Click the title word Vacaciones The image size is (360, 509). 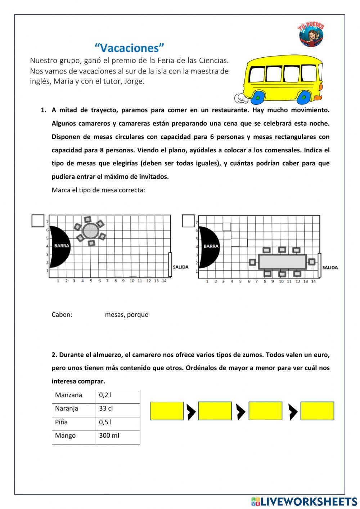coord(129,48)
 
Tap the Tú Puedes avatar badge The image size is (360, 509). coord(311,34)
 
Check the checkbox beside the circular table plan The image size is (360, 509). coord(38,220)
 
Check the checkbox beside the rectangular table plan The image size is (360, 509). coord(188,221)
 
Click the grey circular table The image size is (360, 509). coord(90,231)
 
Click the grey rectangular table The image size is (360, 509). coord(283,262)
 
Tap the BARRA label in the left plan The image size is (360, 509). coord(62,246)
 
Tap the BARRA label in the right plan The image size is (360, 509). coord(211,246)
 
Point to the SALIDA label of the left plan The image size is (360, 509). coord(180,267)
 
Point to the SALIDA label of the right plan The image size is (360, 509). coord(330,268)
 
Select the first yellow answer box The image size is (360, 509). coord(167,411)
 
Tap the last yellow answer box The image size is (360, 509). coord(317,411)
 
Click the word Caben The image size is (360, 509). coord(62,314)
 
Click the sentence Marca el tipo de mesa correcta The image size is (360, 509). coord(98,190)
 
